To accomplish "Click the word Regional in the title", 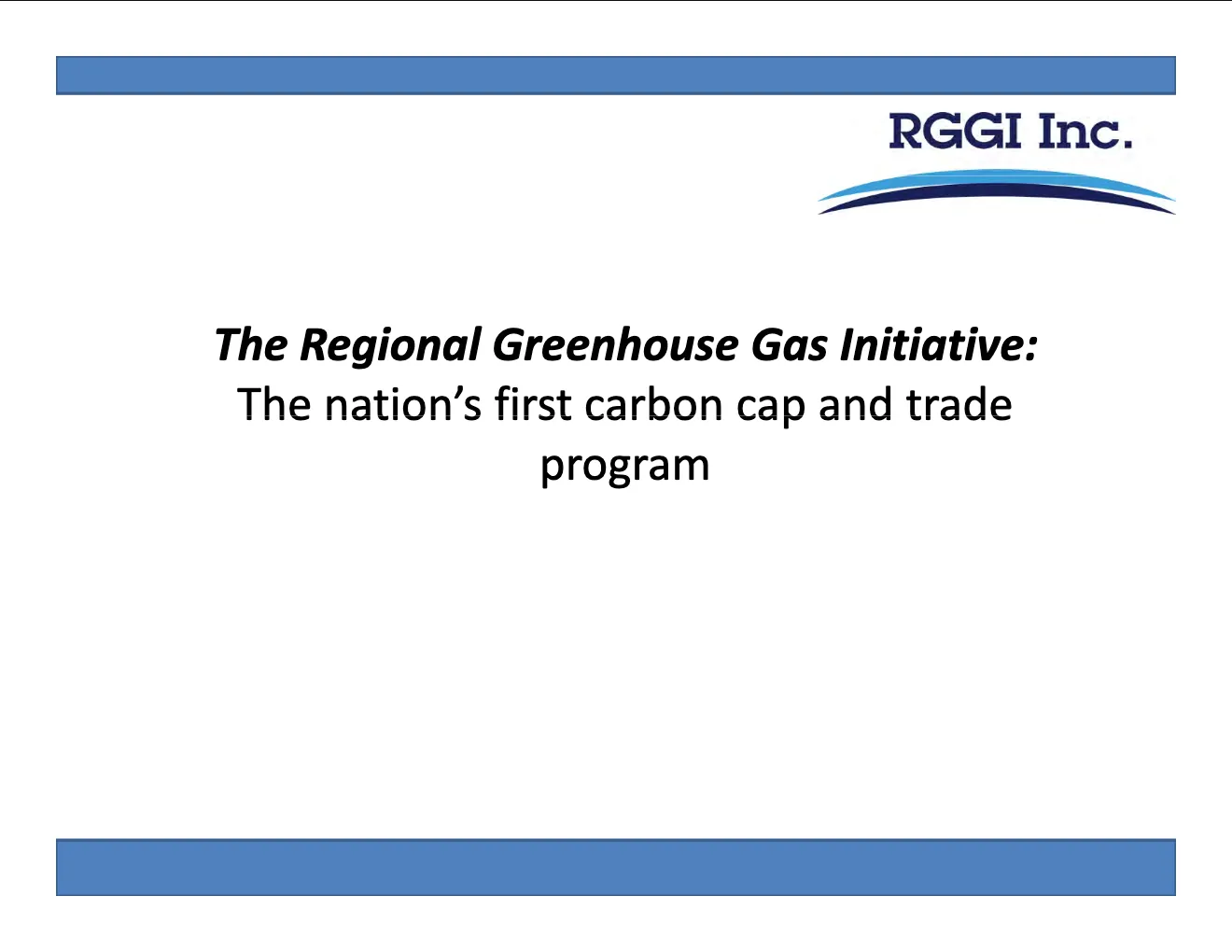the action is point(391,346).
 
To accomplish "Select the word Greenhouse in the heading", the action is point(615,344).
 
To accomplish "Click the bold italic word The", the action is point(251,344).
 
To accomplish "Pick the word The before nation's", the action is point(273,404).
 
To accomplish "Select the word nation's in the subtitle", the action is point(402,405).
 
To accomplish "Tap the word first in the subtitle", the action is point(533,404).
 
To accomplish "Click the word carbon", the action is point(653,404).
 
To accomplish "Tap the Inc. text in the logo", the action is point(1085,132).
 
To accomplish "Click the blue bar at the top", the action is point(616,76).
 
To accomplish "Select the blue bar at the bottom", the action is point(616,867).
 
